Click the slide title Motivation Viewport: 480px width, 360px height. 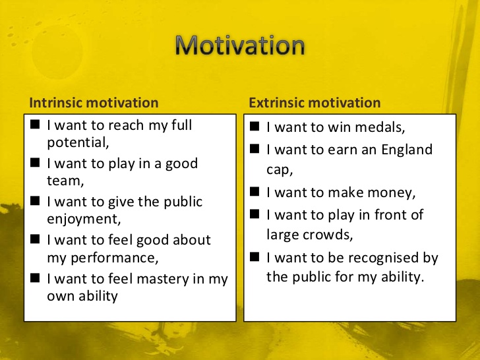tap(240, 45)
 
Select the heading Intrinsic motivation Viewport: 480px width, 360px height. tap(94, 103)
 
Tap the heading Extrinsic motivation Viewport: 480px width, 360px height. tap(315, 103)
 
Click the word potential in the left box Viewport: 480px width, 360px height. tap(76, 142)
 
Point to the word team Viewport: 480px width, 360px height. tap(64, 181)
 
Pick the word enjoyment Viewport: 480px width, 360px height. tap(82, 219)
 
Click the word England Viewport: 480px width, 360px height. tap(407, 150)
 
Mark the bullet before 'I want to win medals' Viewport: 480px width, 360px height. tap(255, 126)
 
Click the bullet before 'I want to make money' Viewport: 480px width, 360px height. tap(255, 191)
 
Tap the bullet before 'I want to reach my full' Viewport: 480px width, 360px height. tap(35, 124)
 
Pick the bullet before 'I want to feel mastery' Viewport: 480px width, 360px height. tap(35, 278)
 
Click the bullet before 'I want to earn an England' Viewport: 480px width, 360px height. tap(255, 148)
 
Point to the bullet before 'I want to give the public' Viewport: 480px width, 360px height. tap(35, 201)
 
